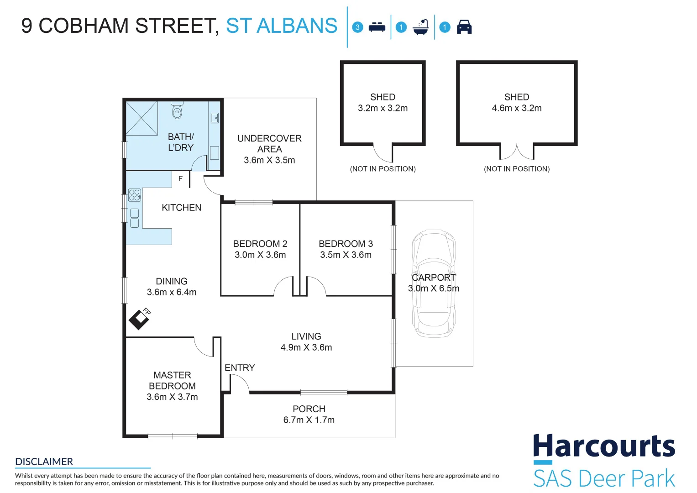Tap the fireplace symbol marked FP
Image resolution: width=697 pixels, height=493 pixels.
(139, 320)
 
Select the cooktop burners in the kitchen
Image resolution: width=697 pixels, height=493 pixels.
(134, 195)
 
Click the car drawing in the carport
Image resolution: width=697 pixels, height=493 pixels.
(434, 283)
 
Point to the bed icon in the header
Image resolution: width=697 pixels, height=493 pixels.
(377, 27)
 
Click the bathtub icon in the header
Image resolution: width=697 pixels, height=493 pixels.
(421, 27)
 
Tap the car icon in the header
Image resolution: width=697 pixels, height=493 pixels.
(464, 27)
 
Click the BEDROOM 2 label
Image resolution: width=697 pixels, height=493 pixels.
(260, 244)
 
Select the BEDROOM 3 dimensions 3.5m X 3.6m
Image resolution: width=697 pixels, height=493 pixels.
(346, 255)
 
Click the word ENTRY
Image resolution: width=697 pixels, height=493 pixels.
(240, 368)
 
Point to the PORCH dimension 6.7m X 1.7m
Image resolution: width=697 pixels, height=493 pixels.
(309, 420)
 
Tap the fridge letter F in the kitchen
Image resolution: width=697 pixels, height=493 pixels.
(180, 178)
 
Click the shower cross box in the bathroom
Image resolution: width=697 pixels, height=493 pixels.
(141, 118)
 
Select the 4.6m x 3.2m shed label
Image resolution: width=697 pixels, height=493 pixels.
(517, 108)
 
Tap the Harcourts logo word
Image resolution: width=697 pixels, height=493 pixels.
(604, 446)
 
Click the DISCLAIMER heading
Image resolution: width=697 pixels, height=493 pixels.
(44, 462)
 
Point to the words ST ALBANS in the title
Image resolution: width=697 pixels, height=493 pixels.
(282, 26)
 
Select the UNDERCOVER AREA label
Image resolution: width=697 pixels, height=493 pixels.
(269, 144)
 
